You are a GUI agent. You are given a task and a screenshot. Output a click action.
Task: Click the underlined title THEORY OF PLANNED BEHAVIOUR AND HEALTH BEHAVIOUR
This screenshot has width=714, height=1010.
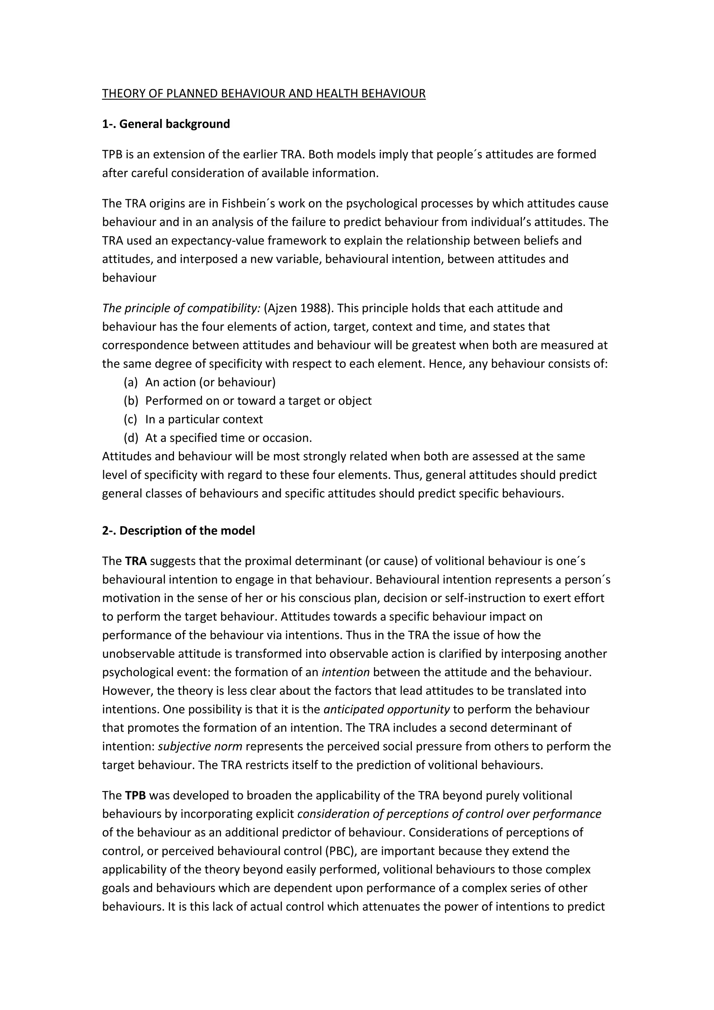point(264,94)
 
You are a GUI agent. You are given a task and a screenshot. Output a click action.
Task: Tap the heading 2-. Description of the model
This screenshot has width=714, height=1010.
point(178,530)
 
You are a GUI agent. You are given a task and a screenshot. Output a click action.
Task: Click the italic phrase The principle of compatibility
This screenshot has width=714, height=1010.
point(181,308)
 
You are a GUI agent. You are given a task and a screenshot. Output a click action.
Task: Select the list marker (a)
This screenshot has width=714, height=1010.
point(131,382)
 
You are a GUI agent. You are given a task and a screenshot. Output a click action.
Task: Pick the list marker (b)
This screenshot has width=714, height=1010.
point(131,401)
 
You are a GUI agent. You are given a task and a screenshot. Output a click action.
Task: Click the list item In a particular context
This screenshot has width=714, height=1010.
point(204,419)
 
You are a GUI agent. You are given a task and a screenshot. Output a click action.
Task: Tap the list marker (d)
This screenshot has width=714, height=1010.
point(131,438)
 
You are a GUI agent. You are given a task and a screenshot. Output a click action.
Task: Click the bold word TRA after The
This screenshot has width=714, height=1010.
point(136,561)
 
